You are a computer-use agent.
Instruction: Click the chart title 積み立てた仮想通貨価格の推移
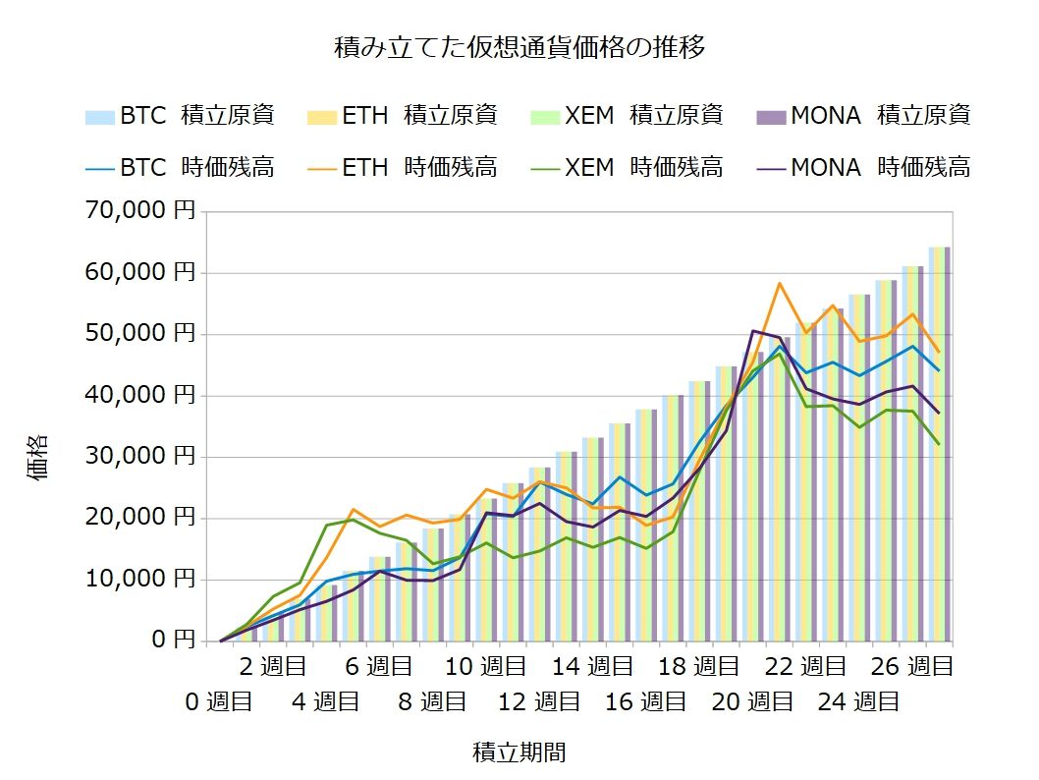519,46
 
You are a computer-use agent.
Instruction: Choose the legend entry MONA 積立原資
863,115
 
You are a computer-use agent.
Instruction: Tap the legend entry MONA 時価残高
863,167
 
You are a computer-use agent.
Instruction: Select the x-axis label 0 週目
221,701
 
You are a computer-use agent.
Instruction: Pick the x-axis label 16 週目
645,701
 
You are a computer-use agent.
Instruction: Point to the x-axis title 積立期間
519,752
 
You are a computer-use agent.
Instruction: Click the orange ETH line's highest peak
779,283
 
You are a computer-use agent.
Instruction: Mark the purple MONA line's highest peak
752,331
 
